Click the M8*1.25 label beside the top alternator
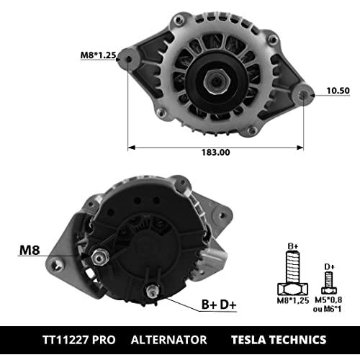(x=98, y=55)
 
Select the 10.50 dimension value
(x=338, y=91)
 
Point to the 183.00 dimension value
(x=215, y=153)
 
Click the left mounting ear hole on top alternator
(x=129, y=59)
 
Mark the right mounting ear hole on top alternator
(x=304, y=95)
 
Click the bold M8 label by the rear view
(x=30, y=250)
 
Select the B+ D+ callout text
(x=219, y=305)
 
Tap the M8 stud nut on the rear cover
(x=100, y=258)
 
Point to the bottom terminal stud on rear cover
(x=153, y=291)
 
